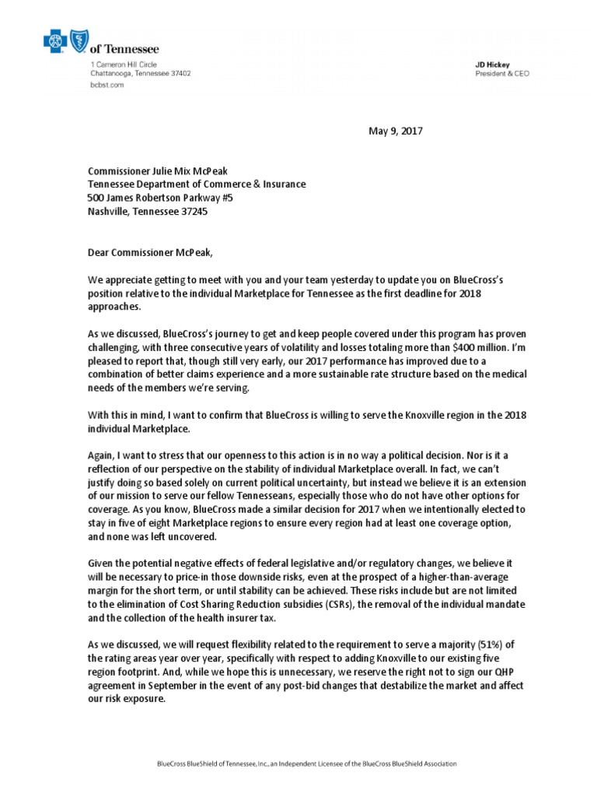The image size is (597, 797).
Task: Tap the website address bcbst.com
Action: pyautogui.click(x=107, y=86)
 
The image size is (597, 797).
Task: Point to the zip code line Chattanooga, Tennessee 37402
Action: pyautogui.click(x=141, y=74)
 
